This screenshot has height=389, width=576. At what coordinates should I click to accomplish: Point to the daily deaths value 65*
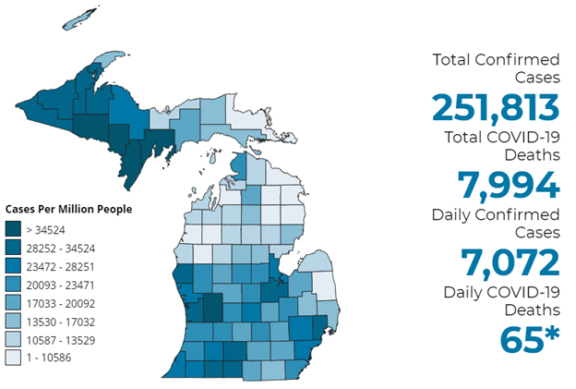[530, 339]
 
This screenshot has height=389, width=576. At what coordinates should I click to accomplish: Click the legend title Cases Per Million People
[68, 210]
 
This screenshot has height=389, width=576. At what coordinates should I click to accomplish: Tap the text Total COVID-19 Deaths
[496, 147]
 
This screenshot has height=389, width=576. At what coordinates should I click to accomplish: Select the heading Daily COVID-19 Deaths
[496, 301]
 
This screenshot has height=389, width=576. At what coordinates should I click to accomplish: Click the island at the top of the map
[81, 18]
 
